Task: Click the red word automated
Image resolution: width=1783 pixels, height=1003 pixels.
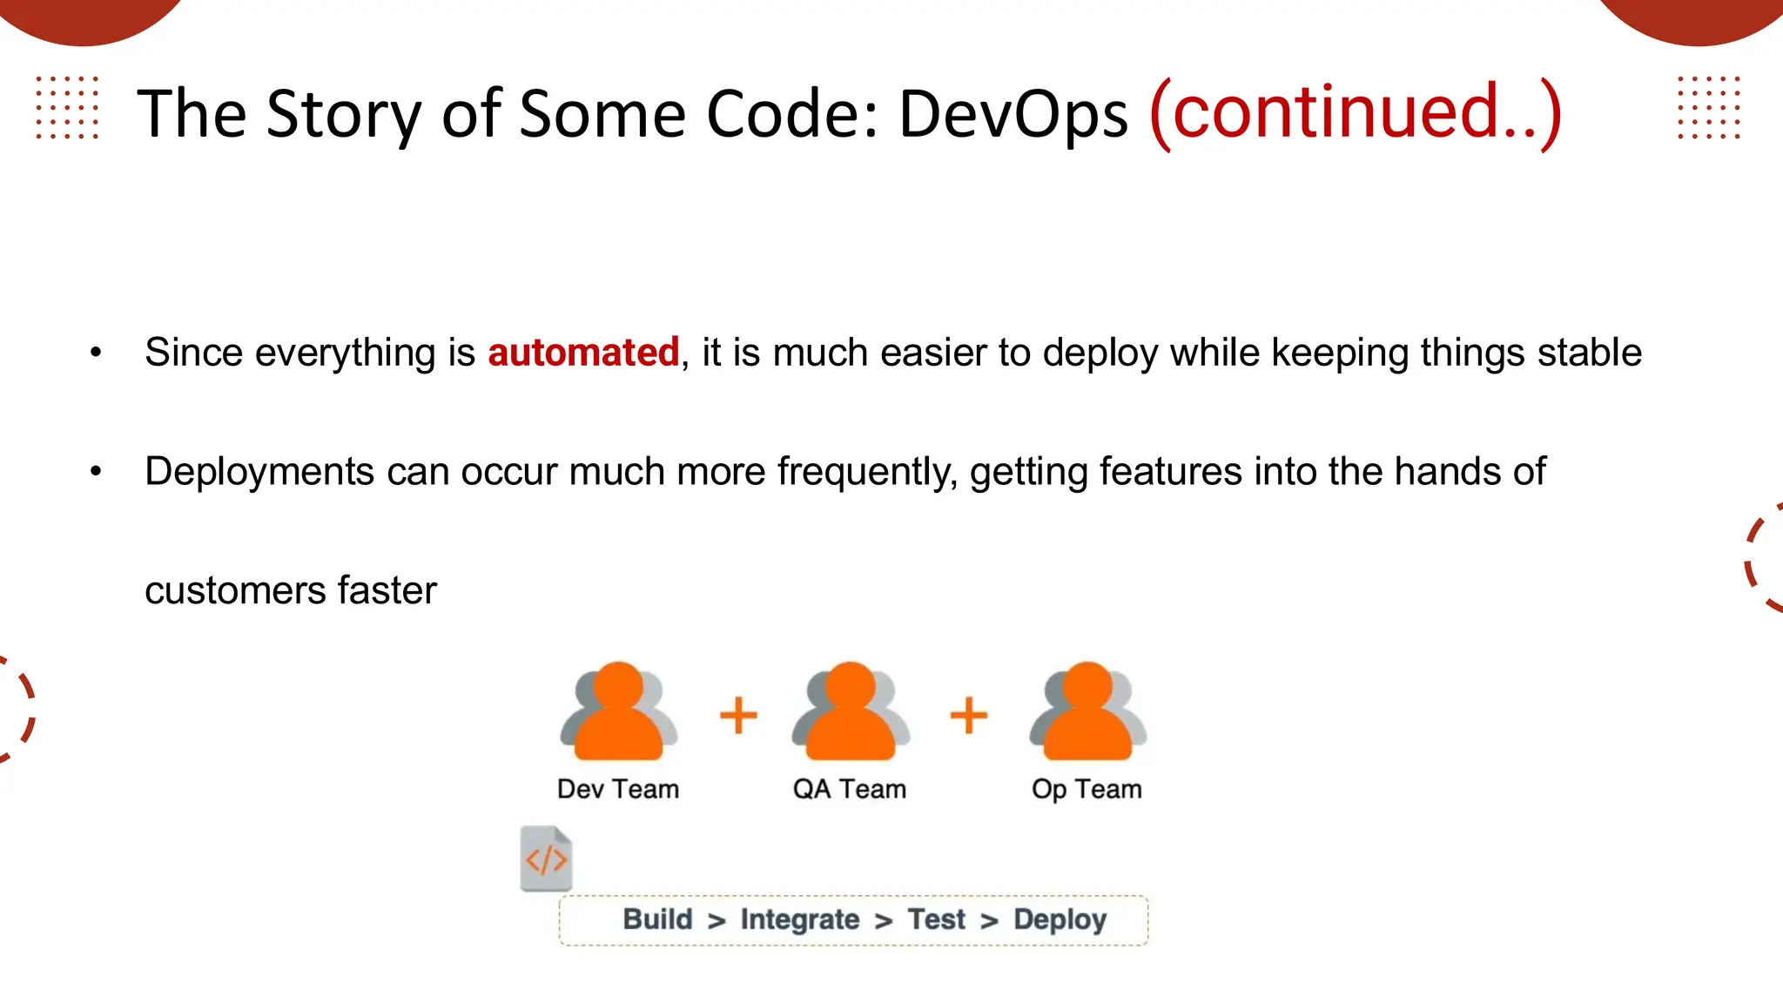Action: point(582,353)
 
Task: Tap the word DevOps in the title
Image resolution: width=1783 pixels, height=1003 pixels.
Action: point(1013,114)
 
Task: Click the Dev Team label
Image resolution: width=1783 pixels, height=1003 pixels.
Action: point(617,789)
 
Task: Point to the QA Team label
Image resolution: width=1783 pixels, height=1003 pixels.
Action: point(849,789)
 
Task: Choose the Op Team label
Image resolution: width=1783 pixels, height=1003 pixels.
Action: point(1086,789)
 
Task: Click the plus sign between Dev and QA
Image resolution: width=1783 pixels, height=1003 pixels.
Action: point(738,716)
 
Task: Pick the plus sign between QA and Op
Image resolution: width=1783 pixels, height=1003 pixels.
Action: point(968,716)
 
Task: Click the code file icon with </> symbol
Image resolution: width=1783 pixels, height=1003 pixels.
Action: point(546,858)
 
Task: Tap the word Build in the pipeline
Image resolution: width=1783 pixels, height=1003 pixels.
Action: point(657,919)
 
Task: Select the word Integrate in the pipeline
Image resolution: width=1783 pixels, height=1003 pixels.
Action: point(799,919)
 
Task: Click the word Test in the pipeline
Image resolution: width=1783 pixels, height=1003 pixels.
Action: point(936,919)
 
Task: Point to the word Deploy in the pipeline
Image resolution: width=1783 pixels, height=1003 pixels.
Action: point(1060,919)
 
